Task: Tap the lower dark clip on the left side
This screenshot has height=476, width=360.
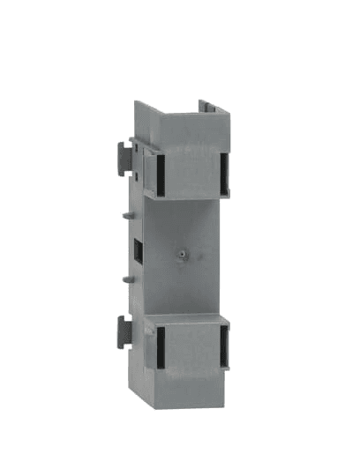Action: click(x=123, y=332)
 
